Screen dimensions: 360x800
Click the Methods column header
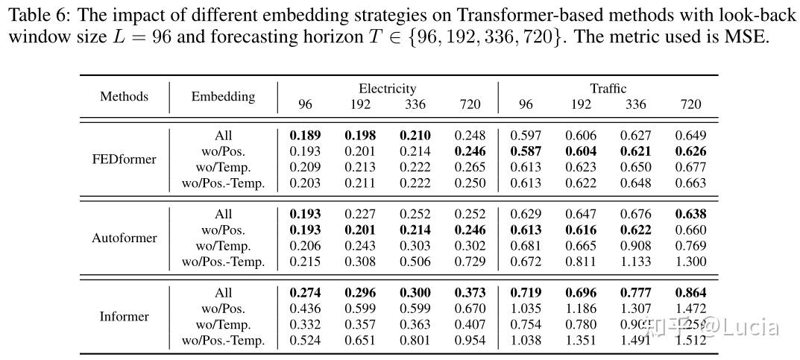coord(124,96)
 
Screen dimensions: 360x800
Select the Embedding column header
coord(223,96)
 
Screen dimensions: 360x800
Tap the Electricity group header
coord(387,89)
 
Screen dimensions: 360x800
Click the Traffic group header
coord(608,89)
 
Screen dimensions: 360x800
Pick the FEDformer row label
coord(124,159)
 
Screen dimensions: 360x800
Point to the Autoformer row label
coord(124,238)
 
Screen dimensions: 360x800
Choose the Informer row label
coord(124,316)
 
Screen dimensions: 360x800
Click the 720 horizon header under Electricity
coord(470,104)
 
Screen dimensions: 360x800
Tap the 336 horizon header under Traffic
coord(636,104)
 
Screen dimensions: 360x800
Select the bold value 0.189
coord(305,136)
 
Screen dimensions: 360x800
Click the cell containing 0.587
coord(526,151)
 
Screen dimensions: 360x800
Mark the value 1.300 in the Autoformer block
coord(690,262)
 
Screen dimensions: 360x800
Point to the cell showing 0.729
coord(470,262)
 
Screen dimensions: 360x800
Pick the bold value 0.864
coord(690,293)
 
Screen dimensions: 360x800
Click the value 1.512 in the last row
coord(690,341)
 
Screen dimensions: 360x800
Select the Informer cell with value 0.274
coord(305,293)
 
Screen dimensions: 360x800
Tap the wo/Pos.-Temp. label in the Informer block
coord(223,341)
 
